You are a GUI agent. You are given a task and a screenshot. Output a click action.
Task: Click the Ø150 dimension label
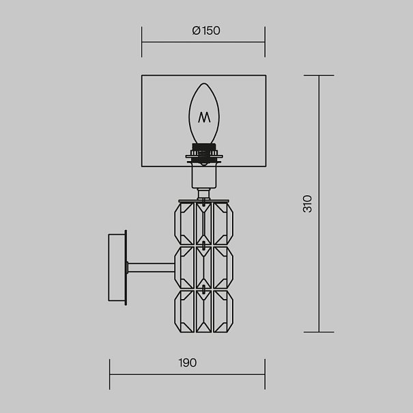pyautogui.click(x=206, y=31)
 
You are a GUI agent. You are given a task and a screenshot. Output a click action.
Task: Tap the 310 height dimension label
pyautogui.click(x=307, y=203)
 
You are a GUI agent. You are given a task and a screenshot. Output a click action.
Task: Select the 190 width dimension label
pyautogui.click(x=187, y=362)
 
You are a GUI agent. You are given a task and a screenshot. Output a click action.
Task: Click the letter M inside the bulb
pyautogui.click(x=204, y=117)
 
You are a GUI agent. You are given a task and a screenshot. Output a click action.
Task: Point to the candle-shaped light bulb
pyautogui.click(x=204, y=114)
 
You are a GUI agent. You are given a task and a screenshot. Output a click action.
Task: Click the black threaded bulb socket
pyautogui.click(x=204, y=154)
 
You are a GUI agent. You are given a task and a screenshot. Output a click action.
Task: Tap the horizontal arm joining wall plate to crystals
pyautogui.click(x=151, y=268)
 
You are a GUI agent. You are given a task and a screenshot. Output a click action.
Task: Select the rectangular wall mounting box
pyautogui.click(x=117, y=268)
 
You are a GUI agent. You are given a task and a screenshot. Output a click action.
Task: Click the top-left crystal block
pyautogui.click(x=184, y=224)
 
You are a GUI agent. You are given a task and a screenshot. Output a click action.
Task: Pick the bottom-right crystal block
pyautogui.click(x=223, y=311)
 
